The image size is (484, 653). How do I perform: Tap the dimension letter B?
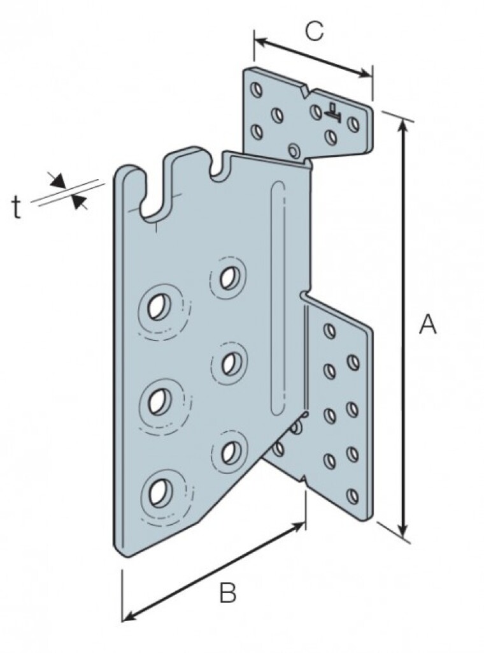pyautogui.click(x=227, y=594)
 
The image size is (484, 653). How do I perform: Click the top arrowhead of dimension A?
pyautogui.click(x=402, y=124)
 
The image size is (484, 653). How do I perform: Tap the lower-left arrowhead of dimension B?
pyautogui.click(x=127, y=616)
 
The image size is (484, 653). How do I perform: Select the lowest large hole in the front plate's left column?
pyautogui.click(x=157, y=490)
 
